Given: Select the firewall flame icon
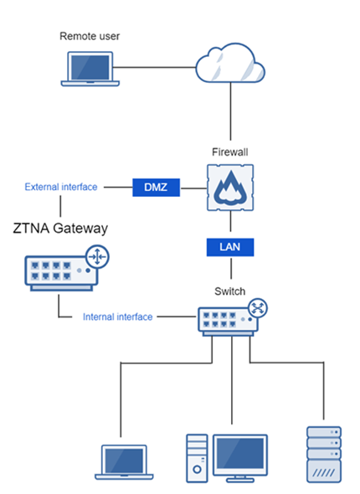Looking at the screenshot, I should point(229,188).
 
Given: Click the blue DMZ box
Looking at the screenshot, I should point(157,188).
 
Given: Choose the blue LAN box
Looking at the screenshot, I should point(229,248).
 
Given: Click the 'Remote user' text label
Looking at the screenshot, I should point(90,36).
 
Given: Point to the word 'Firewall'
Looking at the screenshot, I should point(229,152).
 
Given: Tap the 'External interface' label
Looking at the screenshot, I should point(61,188).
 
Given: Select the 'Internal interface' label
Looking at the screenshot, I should point(118,317).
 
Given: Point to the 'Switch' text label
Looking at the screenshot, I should point(229,291).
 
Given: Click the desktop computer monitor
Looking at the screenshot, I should point(240,455).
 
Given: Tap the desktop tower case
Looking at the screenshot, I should point(196,458).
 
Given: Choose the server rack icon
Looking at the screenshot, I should point(325,455).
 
